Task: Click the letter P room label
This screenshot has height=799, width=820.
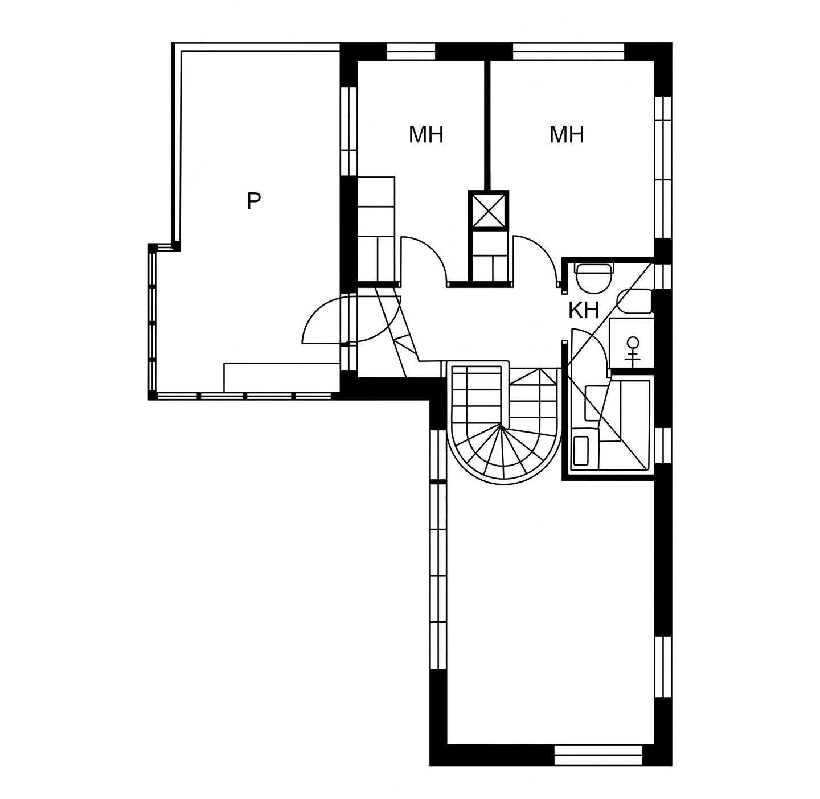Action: tap(253, 201)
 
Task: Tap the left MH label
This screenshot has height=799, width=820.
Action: tap(426, 135)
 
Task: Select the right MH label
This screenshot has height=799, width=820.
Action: tap(567, 135)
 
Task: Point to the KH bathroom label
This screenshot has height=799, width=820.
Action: tap(584, 311)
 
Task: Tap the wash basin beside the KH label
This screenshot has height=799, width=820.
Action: tap(634, 301)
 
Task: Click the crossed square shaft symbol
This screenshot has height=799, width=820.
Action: tap(489, 211)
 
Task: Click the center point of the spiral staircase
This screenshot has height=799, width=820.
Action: tap(501, 426)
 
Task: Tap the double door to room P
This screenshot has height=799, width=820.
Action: tap(351, 319)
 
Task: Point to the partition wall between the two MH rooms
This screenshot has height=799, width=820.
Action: tap(488, 126)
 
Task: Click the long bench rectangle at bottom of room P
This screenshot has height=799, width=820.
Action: tap(281, 377)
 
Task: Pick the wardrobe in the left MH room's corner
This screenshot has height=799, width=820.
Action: tap(376, 229)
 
